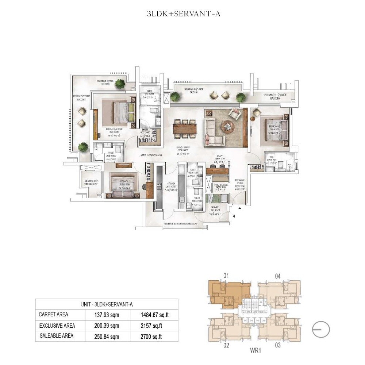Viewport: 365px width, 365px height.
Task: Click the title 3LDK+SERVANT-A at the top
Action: pos(182,15)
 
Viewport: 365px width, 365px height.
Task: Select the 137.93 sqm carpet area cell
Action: pos(107,315)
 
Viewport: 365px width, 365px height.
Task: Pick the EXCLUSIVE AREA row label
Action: pos(57,326)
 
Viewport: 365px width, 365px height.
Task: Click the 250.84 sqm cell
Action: pos(107,336)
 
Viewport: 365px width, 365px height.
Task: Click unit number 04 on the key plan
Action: pos(278,276)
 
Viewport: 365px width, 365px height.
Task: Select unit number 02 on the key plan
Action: pos(226,345)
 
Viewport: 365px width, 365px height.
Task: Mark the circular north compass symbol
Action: pos(321,330)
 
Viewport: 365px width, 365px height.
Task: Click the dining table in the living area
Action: pos(185,128)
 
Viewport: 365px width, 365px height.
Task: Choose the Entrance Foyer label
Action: pos(239,182)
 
